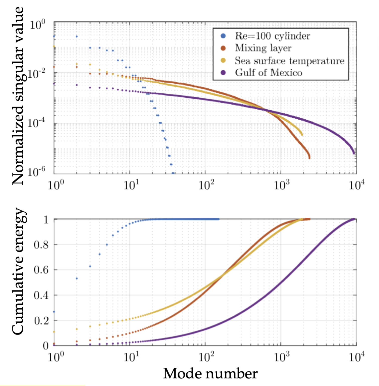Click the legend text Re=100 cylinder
pyautogui.click(x=272, y=36)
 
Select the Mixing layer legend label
pyautogui.click(x=263, y=48)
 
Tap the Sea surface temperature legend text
pyautogui.click(x=289, y=61)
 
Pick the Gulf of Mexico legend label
pyautogui.click(x=268, y=73)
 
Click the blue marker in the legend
pyautogui.click(x=223, y=36)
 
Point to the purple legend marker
pyautogui.click(x=223, y=73)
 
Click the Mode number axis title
pyautogui.click(x=210, y=373)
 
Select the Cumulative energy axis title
pyautogui.click(x=18, y=271)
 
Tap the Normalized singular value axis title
pyautogui.click(x=18, y=95)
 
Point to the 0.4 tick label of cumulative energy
pyautogui.click(x=41, y=295)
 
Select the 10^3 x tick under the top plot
pyautogui.click(x=281, y=186)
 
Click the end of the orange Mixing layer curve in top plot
pyautogui.click(x=309, y=158)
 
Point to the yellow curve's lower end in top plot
pyautogui.click(x=302, y=135)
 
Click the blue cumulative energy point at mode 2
pyautogui.click(x=77, y=278)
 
